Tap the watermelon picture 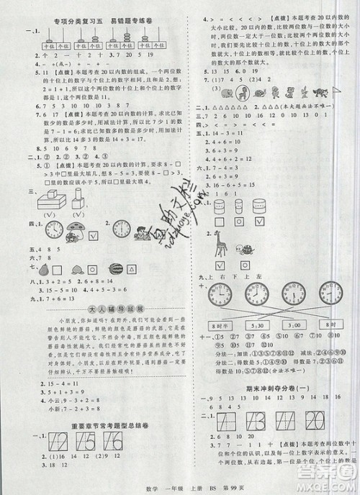(x=114, y=268)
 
